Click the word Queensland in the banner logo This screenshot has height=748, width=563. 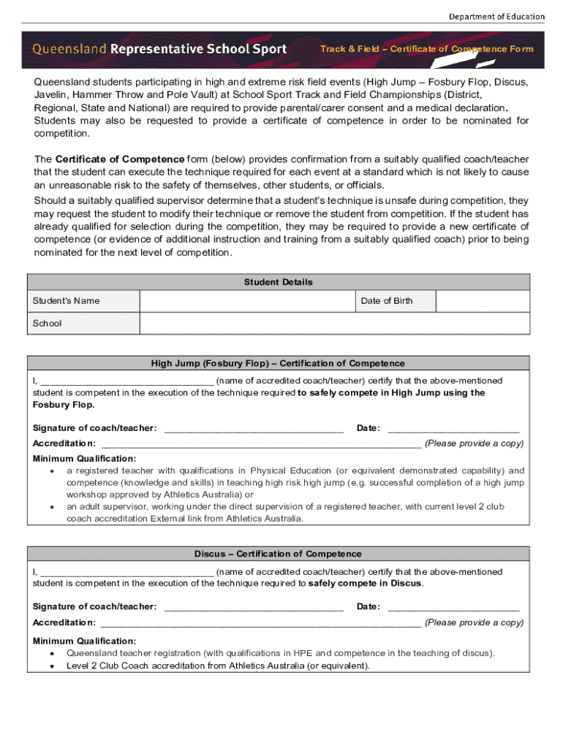tap(69, 49)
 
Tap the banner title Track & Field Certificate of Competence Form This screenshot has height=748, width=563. tap(427, 49)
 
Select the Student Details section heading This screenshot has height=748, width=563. tap(278, 282)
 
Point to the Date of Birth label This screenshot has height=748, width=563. tap(387, 301)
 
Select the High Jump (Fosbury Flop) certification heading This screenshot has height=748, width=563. tap(278, 363)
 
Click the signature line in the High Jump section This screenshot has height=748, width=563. tap(254, 429)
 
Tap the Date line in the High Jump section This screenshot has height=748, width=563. tap(453, 429)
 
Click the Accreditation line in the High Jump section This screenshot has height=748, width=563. tap(260, 444)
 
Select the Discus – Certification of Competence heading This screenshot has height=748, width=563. tap(278, 554)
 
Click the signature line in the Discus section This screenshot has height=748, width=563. tap(254, 608)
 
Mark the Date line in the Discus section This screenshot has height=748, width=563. tap(453, 608)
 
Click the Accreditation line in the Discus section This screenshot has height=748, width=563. tap(260, 624)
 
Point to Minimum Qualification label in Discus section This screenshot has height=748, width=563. tap(84, 641)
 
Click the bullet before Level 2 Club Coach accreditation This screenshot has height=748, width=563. tap(52, 666)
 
